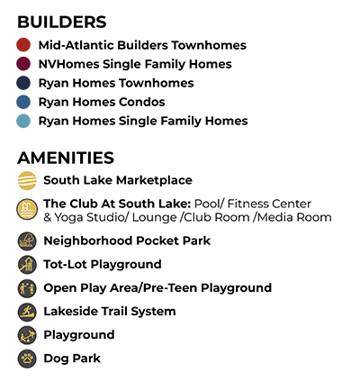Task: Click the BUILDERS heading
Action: coord(62,22)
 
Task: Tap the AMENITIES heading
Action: coord(66,158)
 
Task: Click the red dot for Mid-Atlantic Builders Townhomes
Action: coord(23,45)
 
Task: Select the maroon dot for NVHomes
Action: coord(23,64)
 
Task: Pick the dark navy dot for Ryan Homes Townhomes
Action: coord(23,83)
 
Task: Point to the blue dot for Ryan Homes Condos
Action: coord(23,102)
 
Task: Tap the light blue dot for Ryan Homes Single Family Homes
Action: coord(23,121)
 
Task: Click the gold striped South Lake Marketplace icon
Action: coord(27,180)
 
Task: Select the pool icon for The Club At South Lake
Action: coord(27,209)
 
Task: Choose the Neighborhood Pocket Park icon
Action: coord(27,241)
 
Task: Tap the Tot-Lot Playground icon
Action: coord(27,265)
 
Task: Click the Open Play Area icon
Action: coord(27,288)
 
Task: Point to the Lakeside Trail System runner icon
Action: coord(27,312)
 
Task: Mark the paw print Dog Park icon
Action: coord(27,359)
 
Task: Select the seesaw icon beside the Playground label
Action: coord(27,335)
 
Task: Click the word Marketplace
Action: coord(154,180)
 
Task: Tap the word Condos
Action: coord(142,102)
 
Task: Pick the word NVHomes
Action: coord(68,64)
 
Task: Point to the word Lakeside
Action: coord(71,312)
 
